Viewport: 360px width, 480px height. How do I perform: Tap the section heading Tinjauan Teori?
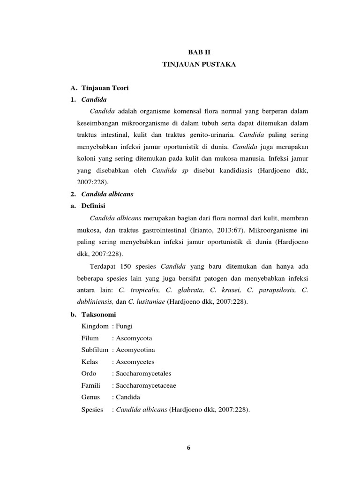point(105,88)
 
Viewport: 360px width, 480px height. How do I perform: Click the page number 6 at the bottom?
point(188,447)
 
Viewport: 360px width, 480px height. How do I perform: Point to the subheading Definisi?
point(94,206)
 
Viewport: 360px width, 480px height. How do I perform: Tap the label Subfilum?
point(95,350)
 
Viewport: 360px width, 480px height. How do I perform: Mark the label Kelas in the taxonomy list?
point(90,362)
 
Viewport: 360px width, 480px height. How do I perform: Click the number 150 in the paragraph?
point(126,266)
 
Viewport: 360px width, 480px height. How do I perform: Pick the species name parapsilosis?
point(275,290)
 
